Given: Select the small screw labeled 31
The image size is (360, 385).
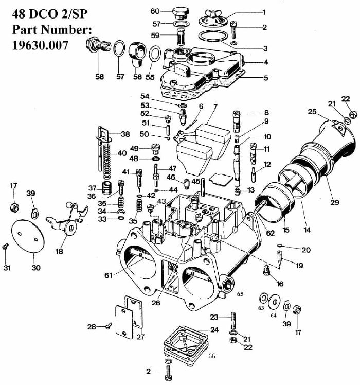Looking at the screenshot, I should tap(6, 248).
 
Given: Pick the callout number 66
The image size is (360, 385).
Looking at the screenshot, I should tap(211, 356).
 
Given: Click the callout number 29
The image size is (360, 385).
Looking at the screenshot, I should tap(335, 202).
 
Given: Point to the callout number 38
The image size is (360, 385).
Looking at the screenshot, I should tap(125, 134).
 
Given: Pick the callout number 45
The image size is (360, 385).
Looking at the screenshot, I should tap(195, 181).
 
